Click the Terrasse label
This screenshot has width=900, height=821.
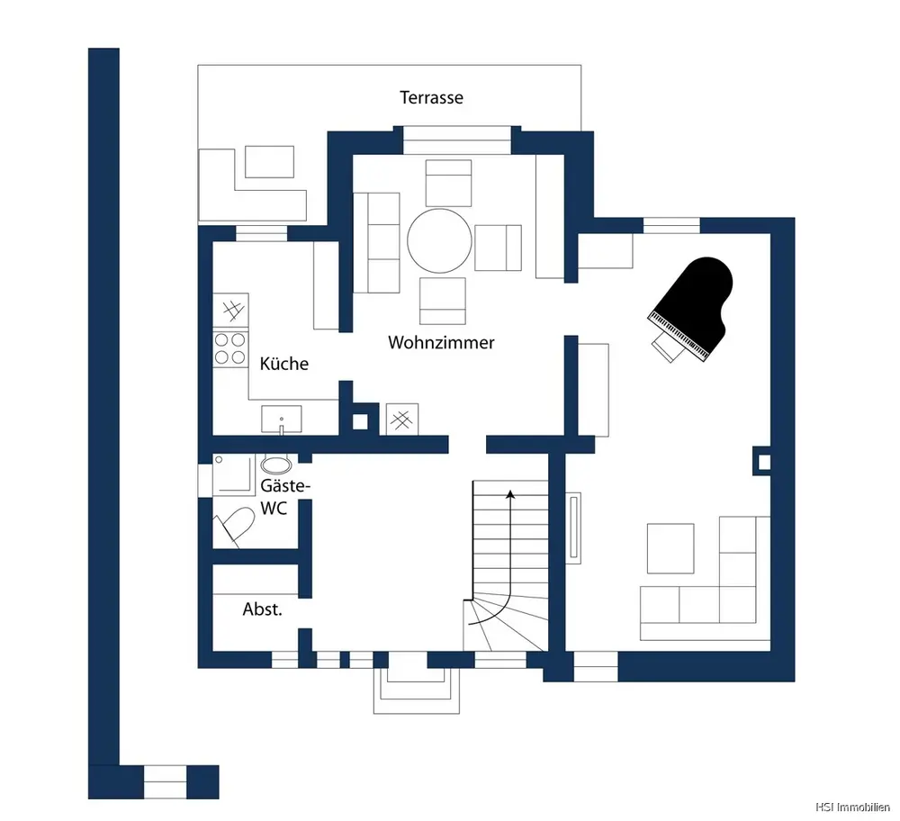pyautogui.click(x=431, y=97)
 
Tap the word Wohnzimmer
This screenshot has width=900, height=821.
pyautogui.click(x=441, y=343)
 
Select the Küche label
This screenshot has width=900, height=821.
pyautogui.click(x=284, y=364)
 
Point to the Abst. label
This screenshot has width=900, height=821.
pyautogui.click(x=262, y=609)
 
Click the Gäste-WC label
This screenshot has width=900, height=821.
pyautogui.click(x=284, y=497)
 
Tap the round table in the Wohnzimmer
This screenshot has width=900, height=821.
pyautogui.click(x=440, y=240)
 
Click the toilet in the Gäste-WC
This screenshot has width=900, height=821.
pyautogui.click(x=235, y=526)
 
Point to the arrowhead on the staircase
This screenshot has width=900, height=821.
pyautogui.click(x=509, y=495)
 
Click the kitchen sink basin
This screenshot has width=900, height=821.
pyautogui.click(x=281, y=419)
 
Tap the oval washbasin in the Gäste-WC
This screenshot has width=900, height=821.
pyautogui.click(x=276, y=464)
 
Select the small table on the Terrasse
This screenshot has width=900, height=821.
pyautogui.click(x=270, y=162)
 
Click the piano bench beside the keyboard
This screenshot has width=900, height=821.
pyautogui.click(x=665, y=348)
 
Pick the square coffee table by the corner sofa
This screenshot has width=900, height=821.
pyautogui.click(x=670, y=548)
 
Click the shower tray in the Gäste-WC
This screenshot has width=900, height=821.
pyautogui.click(x=234, y=474)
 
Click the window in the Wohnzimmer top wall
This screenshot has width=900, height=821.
pyautogui.click(x=457, y=140)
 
